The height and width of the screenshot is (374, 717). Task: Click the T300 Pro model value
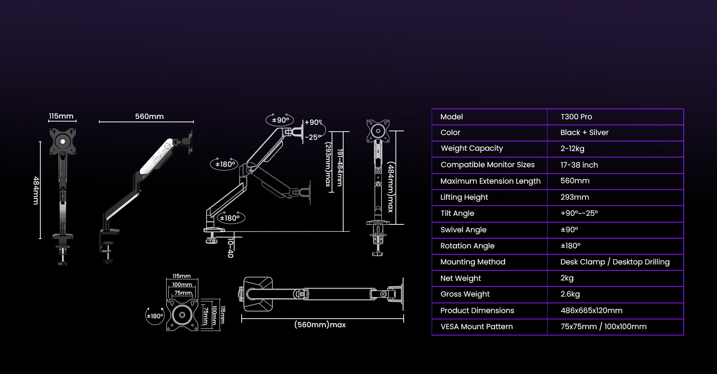point(576,117)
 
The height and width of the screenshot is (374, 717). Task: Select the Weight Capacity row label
point(472,148)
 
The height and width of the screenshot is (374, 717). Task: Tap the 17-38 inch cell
point(579,165)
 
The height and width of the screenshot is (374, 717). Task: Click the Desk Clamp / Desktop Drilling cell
point(615,262)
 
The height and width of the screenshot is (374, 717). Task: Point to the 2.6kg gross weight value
point(570,294)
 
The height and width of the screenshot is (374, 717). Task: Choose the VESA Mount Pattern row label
point(477,327)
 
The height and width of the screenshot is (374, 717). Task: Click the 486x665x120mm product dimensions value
point(591,310)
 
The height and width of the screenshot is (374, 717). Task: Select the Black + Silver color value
point(584,132)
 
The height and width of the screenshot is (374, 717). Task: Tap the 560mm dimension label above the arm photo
point(149,116)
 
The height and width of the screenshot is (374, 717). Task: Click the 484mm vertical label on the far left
point(36,190)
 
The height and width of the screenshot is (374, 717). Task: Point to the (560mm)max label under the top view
point(320,325)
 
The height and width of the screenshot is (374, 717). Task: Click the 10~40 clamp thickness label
point(230,248)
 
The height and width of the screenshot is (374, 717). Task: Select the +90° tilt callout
point(313,122)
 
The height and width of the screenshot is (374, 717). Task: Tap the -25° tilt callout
point(313,137)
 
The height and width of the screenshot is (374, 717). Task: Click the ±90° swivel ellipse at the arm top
point(280,120)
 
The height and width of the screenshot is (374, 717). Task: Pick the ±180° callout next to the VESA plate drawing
point(155,316)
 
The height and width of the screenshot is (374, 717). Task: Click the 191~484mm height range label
point(339,168)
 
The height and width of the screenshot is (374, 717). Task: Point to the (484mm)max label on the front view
point(391,187)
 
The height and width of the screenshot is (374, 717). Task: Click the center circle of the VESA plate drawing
point(182,315)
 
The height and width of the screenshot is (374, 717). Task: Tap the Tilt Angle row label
point(457,213)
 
